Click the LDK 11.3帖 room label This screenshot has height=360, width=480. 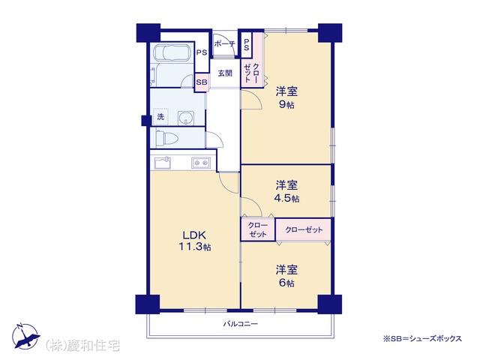195,241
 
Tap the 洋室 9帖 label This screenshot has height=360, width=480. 286,97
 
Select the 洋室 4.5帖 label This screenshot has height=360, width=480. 286,192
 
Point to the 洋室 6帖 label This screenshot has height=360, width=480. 286,277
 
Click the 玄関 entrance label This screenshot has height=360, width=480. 225,73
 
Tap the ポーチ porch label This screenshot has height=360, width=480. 224,43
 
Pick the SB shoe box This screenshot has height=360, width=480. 202,82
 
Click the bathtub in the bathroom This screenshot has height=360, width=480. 173,53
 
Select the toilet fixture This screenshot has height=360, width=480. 167,138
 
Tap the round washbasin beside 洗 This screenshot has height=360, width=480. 186,118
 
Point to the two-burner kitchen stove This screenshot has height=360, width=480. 201,163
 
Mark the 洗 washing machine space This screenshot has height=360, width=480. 160,117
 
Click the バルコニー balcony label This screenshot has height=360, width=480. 240,323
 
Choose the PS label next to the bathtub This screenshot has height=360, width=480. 202,52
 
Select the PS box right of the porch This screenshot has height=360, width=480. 246,45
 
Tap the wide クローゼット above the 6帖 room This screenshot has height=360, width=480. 303,229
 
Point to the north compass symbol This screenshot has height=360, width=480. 25,336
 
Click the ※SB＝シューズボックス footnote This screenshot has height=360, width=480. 422,338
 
